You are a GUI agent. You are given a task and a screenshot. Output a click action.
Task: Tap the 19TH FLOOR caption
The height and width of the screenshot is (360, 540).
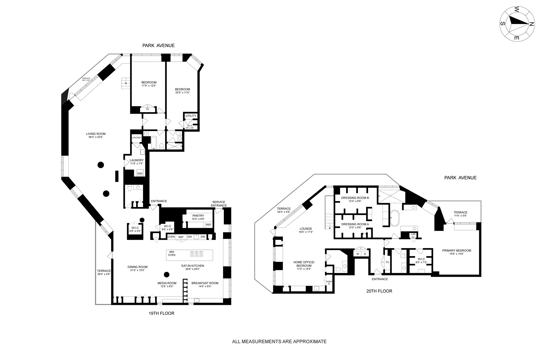pyautogui.click(x=161, y=313)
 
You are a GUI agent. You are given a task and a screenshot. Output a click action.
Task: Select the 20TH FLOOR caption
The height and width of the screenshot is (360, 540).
pyautogui.click(x=379, y=291)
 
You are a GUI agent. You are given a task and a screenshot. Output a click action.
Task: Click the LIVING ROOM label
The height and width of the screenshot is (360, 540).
pyautogui.click(x=96, y=134)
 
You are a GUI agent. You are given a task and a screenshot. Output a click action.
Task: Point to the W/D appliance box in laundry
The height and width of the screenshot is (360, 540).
pyautogui.click(x=140, y=174)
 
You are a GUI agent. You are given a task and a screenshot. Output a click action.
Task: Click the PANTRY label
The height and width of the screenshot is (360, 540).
pyautogui.click(x=198, y=216)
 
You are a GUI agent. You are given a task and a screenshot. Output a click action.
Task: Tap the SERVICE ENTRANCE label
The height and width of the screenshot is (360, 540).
pyautogui.click(x=219, y=204)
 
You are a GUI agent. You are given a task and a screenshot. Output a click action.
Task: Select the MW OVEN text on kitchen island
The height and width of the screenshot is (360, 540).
pyautogui.click(x=172, y=253)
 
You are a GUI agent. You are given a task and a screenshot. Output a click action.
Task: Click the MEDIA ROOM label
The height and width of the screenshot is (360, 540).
pyautogui.click(x=167, y=283)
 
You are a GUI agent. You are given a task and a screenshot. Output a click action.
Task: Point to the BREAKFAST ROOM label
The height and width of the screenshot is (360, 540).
pyautogui.click(x=205, y=283)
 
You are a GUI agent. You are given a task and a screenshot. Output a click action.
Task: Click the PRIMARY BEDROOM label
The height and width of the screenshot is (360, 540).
pyautogui.click(x=456, y=251)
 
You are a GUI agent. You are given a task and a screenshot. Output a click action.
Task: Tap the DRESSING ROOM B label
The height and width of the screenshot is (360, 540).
pyautogui.click(x=355, y=198)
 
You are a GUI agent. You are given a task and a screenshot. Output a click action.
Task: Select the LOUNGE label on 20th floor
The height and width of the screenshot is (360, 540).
pyautogui.click(x=306, y=229)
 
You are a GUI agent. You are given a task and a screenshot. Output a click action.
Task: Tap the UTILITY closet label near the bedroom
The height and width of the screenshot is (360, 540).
pyautogui.click(x=191, y=116)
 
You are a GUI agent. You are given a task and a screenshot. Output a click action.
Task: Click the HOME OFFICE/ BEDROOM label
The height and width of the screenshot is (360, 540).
pyautogui.click(x=304, y=264)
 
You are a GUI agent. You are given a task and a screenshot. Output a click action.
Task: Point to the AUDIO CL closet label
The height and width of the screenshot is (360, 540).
pyautogui.click(x=329, y=282)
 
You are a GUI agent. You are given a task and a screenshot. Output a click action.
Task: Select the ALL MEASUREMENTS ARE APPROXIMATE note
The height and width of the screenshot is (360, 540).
pyautogui.click(x=279, y=342)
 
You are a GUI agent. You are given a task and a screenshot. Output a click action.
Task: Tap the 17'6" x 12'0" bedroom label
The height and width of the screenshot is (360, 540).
pyautogui.click(x=149, y=85)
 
